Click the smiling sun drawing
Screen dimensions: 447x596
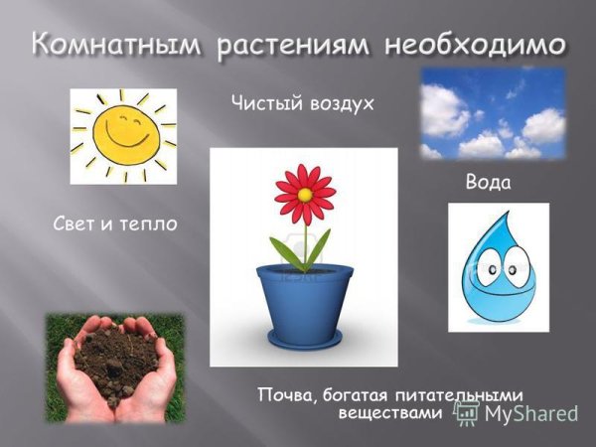[121, 135]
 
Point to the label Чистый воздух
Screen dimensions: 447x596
[301, 101]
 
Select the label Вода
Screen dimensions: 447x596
[487, 184]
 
